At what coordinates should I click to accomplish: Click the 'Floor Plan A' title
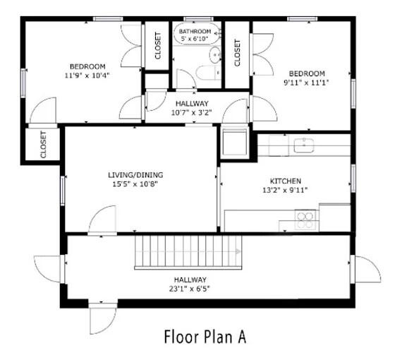pyautogui.click(x=205, y=336)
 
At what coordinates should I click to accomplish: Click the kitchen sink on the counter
pyautogui.click(x=304, y=145)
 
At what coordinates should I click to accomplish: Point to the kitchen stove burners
pyautogui.click(x=305, y=220)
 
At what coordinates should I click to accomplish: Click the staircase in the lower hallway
pyautogui.click(x=188, y=251)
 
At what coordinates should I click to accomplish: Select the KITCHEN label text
pyautogui.click(x=286, y=181)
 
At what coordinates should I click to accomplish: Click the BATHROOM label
pyautogui.click(x=194, y=32)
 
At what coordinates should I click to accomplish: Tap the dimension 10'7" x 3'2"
pyautogui.click(x=192, y=112)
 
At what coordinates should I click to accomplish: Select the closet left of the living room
pyautogui.click(x=43, y=143)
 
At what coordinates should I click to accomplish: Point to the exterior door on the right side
pyautogui.click(x=367, y=269)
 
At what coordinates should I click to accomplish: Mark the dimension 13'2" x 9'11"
pyautogui.click(x=285, y=189)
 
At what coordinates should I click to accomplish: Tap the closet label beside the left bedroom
pyautogui.click(x=157, y=47)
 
